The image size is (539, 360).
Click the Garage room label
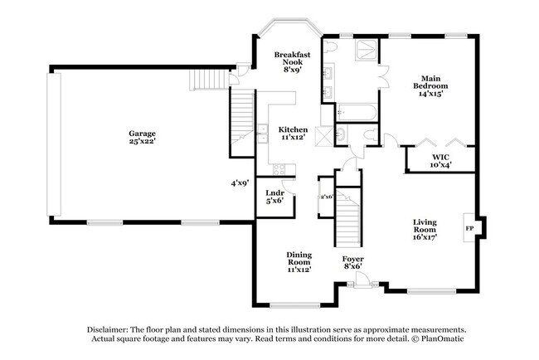tap(142, 134)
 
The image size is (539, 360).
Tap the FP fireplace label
tap(469, 228)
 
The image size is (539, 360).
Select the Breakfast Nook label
tap(292, 58)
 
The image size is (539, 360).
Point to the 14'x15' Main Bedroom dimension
tap(430, 93)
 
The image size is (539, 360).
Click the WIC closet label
tap(440, 157)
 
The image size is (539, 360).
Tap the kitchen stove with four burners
tap(279, 169)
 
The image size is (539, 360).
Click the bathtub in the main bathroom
tap(357, 112)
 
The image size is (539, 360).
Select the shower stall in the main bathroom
tap(367, 51)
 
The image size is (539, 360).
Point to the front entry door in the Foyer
tap(362, 280)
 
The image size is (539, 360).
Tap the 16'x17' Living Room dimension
tap(425, 237)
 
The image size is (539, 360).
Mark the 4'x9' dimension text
tap(240, 183)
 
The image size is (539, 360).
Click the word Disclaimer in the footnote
tap(108, 329)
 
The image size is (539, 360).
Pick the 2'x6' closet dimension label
tap(327, 197)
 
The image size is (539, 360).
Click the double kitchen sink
tap(264, 133)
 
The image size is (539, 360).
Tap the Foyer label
tap(352, 259)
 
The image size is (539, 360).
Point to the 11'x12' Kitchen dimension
tap(293, 137)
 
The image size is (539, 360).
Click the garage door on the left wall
tap(54, 144)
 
